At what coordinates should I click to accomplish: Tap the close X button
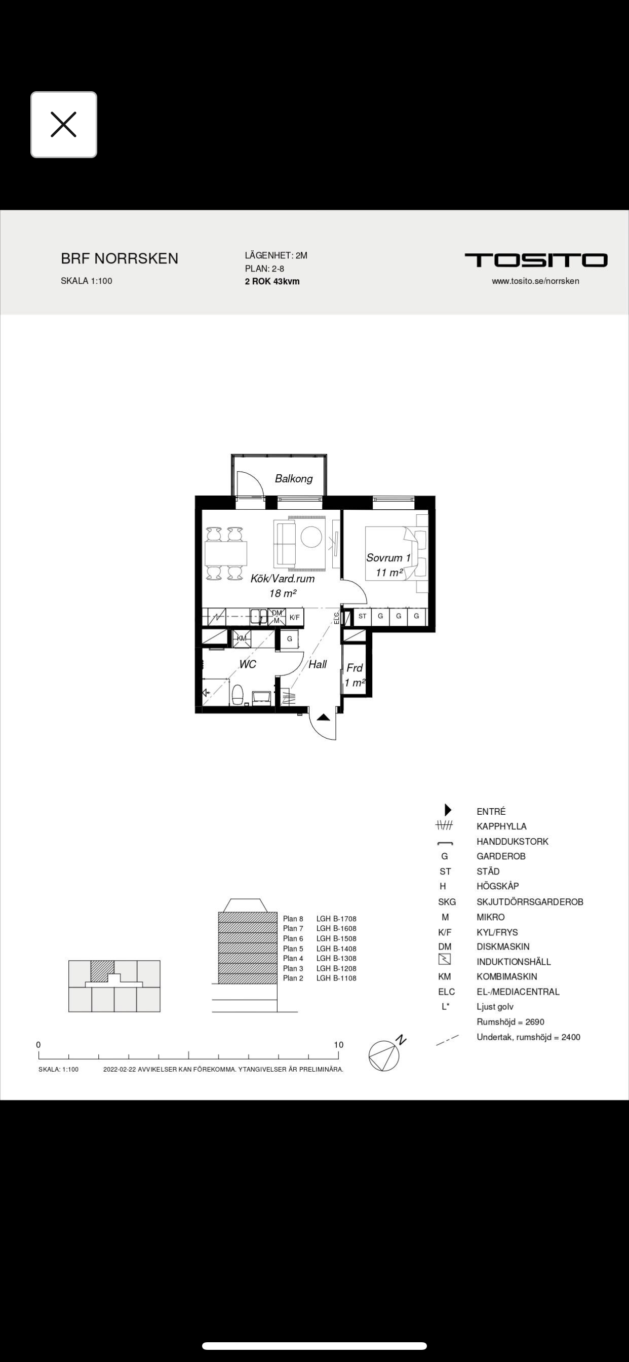[x=63, y=125]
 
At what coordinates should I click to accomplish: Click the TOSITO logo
[x=535, y=260]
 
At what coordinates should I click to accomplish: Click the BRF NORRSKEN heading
[x=120, y=258]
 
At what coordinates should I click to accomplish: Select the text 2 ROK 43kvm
[x=272, y=281]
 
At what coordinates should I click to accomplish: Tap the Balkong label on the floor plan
[x=294, y=478]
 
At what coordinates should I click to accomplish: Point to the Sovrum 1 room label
[x=388, y=558]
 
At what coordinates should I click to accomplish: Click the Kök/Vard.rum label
[x=282, y=579]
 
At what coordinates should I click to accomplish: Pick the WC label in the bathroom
[x=247, y=664]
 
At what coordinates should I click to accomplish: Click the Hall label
[x=318, y=664]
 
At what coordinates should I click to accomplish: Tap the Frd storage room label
[x=354, y=668]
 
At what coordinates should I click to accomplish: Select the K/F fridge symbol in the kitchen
[x=294, y=617]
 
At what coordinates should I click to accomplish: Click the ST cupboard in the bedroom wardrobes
[x=362, y=617]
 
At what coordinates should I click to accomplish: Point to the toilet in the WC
[x=238, y=695]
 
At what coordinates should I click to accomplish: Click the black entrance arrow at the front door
[x=324, y=717]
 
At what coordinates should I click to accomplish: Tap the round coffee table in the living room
[x=311, y=537]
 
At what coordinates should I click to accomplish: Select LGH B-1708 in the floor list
[x=336, y=919]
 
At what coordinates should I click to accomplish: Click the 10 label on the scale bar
[x=338, y=1045]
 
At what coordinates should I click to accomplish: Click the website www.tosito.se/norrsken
[x=535, y=281]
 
